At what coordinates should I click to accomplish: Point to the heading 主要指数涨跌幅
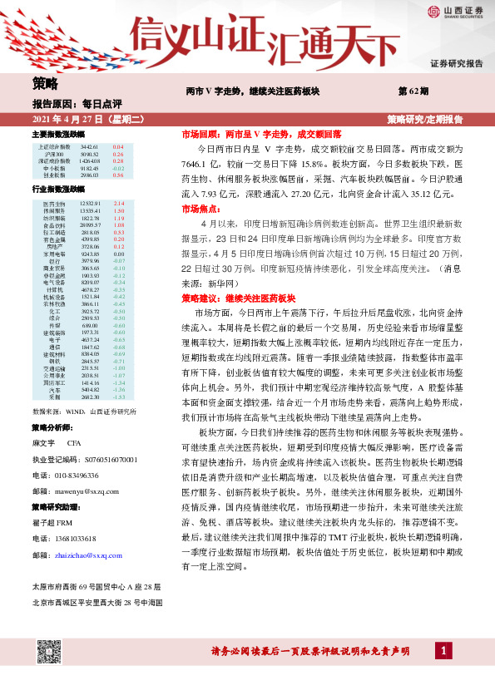point(58,134)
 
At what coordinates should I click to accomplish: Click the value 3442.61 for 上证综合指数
point(90,147)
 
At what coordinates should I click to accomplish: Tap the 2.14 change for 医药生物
point(118,204)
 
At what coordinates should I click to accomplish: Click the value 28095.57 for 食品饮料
point(90,224)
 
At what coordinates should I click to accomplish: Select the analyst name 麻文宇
point(42,444)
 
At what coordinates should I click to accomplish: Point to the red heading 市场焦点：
point(199,210)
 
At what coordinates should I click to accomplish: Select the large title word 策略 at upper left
point(46,83)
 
